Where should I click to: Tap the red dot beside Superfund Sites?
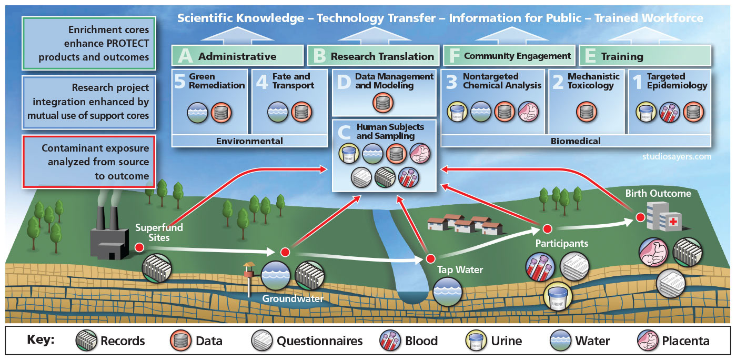coord(139,247)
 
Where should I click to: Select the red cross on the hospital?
coord(672,222)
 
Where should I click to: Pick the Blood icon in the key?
coord(391,341)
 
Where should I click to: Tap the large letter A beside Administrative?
coord(185,56)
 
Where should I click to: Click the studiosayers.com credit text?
coord(677,156)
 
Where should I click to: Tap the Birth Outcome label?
coord(658,194)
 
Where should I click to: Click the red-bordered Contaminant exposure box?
coord(88,162)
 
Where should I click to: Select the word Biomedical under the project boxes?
coord(576,141)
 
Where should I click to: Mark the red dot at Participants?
coord(547,228)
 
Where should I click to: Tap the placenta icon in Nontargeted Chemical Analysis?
coord(529,112)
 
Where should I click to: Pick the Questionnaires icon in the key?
coord(263,341)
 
